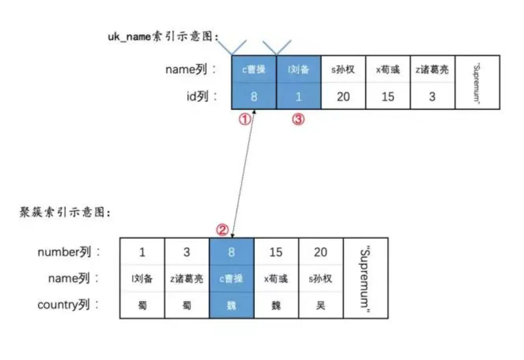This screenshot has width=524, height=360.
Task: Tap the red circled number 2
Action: point(222,229)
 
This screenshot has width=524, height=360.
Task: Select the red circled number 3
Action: point(299,119)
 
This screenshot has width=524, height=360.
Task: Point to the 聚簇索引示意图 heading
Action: point(65,213)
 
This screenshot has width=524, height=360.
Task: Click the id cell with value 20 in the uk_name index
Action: point(343,96)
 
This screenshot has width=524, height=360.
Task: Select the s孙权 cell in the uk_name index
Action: point(343,70)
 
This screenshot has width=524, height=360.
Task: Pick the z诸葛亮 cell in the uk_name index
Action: point(432,70)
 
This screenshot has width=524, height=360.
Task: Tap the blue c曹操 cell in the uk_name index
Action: point(254,70)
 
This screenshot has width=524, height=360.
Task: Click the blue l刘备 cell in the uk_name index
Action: point(299,70)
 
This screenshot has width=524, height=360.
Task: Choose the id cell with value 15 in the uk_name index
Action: point(388,96)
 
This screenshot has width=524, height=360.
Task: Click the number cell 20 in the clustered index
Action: point(321,252)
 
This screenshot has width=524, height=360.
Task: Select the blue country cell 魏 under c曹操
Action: point(232,306)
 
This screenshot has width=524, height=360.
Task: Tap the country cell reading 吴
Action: point(321,306)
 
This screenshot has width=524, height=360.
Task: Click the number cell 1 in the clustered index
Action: point(142,252)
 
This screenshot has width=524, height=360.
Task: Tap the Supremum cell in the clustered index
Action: point(365,278)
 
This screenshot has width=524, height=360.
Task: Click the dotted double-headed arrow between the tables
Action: point(243,174)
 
